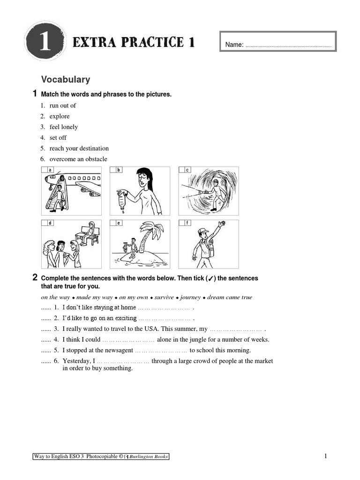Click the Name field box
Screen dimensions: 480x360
[278, 44]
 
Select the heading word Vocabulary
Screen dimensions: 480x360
[66, 80]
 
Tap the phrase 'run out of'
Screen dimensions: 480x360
[63, 105]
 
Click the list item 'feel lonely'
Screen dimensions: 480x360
[64, 127]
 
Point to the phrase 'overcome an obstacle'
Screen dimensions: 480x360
[78, 159]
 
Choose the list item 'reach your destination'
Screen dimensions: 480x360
[79, 149]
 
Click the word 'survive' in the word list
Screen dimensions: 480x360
[164, 297]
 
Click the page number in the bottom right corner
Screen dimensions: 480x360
[325, 456]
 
